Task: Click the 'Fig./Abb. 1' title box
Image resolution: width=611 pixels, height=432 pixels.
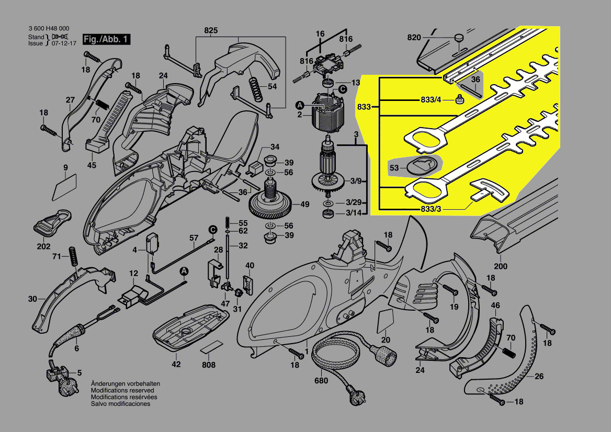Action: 106,40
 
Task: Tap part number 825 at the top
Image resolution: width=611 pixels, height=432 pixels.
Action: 211,30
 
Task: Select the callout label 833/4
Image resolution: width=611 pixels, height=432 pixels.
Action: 431,100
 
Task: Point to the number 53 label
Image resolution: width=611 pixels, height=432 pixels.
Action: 394,167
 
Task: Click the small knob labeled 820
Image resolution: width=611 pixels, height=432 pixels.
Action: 459,38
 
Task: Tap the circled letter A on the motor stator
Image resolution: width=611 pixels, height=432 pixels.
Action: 300,104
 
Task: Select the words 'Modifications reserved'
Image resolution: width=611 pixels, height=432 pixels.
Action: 122,390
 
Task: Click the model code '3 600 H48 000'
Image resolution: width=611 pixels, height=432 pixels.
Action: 49,29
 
